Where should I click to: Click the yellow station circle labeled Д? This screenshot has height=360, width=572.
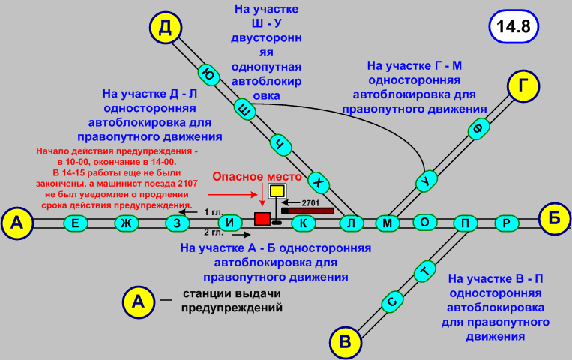tap(166, 28)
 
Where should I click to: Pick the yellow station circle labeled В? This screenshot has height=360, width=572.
tap(345, 342)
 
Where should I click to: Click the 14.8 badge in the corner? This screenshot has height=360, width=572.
tap(513, 26)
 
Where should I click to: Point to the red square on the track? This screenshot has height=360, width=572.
tap(262, 218)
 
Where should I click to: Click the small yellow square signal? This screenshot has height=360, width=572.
tap(277, 191)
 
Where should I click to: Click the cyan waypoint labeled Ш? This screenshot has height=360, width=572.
tap(243, 109)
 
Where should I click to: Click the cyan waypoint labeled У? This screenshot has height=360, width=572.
tap(426, 181)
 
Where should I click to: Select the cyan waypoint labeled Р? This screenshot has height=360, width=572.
tap(507, 223)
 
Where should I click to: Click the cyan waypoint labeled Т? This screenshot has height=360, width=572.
tap(425, 270)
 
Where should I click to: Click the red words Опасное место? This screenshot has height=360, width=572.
tap(257, 177)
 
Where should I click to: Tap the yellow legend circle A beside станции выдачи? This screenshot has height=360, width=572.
tap(138, 301)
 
